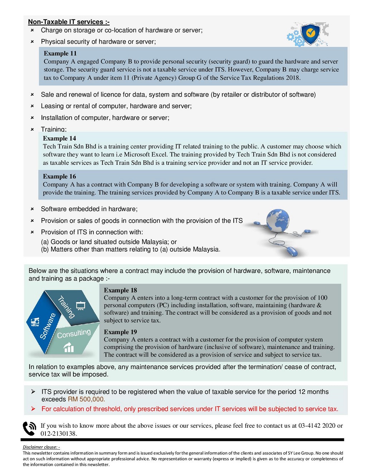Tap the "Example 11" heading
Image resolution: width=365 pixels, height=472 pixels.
tap(60, 53)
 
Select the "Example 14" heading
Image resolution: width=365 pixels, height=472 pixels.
tap(59, 138)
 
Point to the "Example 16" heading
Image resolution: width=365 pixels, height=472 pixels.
tap(59, 176)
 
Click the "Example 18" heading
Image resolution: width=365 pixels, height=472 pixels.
tap(120, 290)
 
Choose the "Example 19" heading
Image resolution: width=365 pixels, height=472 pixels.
tap(120, 332)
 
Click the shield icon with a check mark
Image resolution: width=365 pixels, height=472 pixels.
tap(310, 34)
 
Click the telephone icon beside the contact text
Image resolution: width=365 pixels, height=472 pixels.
tap(29, 428)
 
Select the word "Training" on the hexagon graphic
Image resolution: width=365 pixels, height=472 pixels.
tap(67, 307)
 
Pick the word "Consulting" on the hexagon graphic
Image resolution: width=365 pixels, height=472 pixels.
tap(74, 334)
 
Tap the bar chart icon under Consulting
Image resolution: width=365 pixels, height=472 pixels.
tap(68, 347)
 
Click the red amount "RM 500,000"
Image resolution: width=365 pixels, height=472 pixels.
tap(86, 399)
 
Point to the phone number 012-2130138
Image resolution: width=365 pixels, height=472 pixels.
tap(58, 433)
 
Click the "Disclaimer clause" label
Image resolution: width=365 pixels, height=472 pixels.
tap(41, 447)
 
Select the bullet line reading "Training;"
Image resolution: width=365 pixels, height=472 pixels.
tap(54, 129)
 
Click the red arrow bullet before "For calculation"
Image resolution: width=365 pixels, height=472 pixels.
tap(33, 409)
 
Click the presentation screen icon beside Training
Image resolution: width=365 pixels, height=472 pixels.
tap(81, 306)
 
